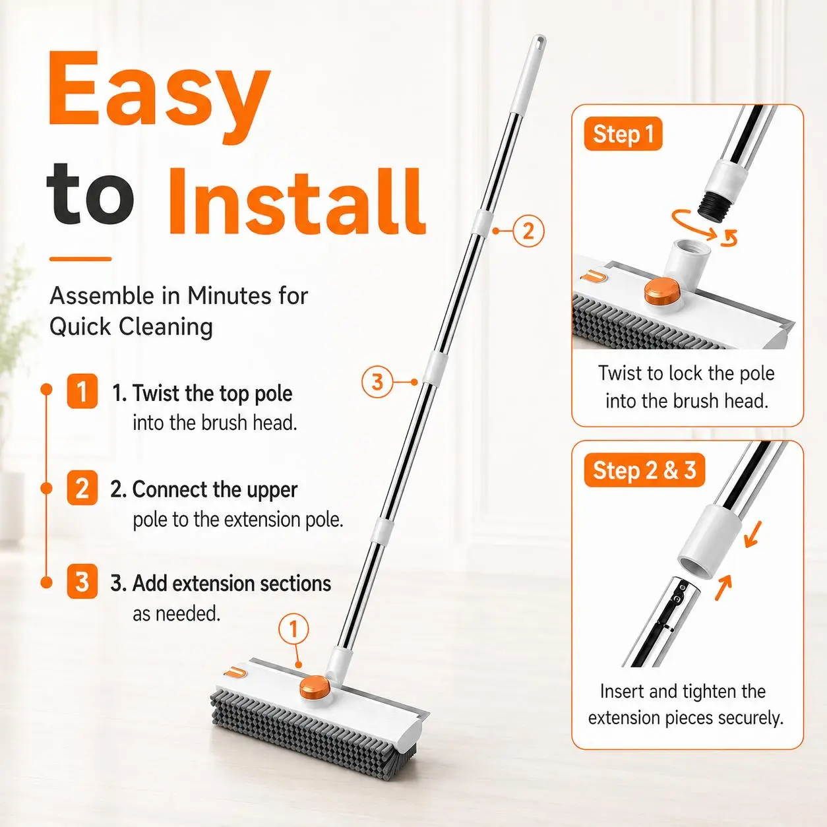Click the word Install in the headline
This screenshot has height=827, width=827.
pos(296,201)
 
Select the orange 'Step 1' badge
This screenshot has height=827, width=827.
pos(623,133)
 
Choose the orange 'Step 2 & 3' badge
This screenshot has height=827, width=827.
pos(644,470)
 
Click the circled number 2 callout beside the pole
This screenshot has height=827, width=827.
pos(528,231)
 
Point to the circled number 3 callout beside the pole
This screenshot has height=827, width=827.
pos(377,382)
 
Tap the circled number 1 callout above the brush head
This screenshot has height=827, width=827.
pos(293,630)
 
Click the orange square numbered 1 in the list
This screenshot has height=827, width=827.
pos(82,391)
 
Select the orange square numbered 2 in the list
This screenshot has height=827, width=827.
pos(82,488)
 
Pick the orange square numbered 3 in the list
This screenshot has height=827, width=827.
pos(82,582)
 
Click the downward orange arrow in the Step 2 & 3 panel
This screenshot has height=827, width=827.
pos(752,534)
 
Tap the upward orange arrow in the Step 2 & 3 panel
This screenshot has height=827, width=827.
pos(723,588)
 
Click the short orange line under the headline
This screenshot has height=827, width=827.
pos(80,259)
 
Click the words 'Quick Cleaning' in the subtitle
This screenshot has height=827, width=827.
pos(131,327)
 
